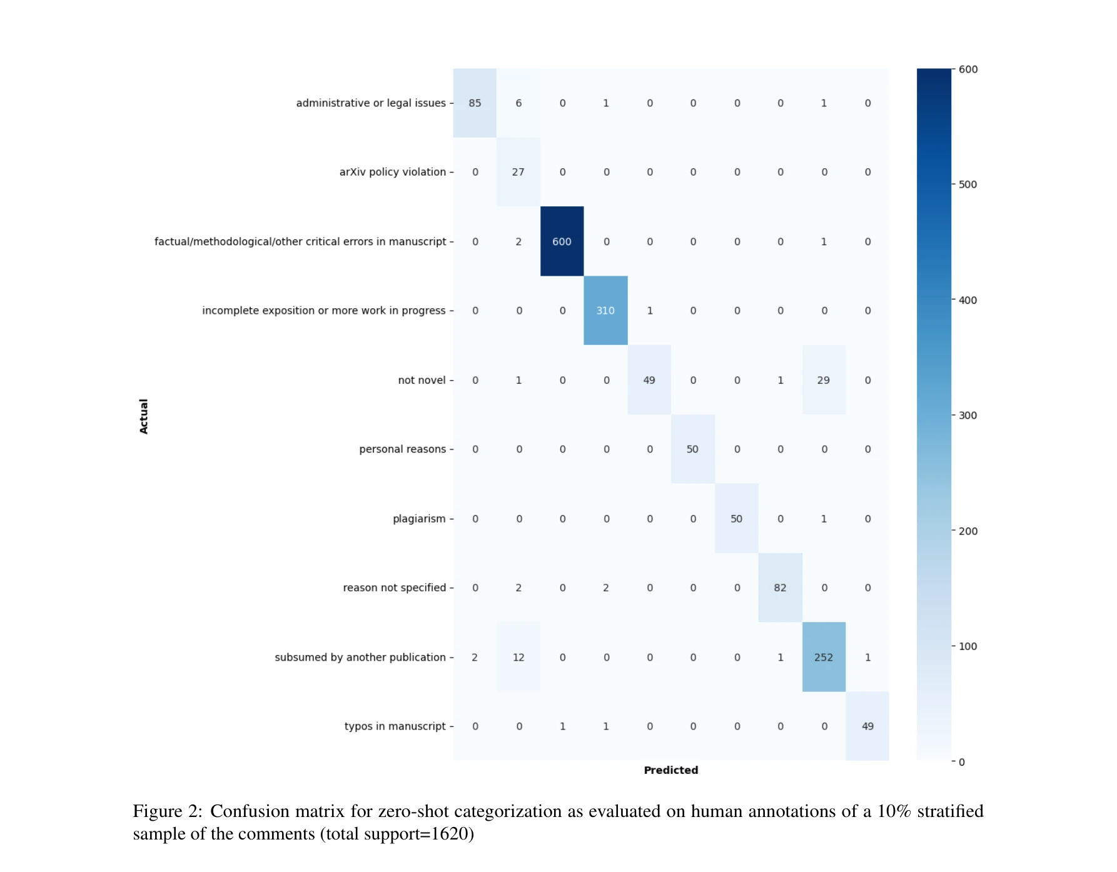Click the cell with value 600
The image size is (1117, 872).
tap(562, 241)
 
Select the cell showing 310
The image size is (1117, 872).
tap(605, 311)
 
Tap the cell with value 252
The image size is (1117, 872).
tap(824, 657)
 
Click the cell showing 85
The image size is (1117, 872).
tap(475, 103)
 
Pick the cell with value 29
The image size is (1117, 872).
tap(824, 380)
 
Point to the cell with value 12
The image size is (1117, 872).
tap(518, 657)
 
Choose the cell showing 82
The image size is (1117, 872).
tap(780, 588)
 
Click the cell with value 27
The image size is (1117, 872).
tap(518, 172)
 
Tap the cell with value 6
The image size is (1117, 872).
tap(518, 103)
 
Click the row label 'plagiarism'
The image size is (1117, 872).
tap(419, 519)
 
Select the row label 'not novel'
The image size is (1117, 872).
tap(422, 380)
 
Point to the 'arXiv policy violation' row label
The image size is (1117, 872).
tap(393, 172)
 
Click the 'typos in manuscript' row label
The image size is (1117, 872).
tap(395, 726)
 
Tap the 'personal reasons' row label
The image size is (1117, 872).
tap(402, 449)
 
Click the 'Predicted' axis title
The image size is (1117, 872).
tap(670, 770)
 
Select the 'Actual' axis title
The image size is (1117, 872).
tap(144, 416)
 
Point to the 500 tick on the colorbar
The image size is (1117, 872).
tap(967, 184)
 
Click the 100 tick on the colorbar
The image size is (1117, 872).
tap(967, 646)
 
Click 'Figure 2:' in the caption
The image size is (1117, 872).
tap(167, 811)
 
